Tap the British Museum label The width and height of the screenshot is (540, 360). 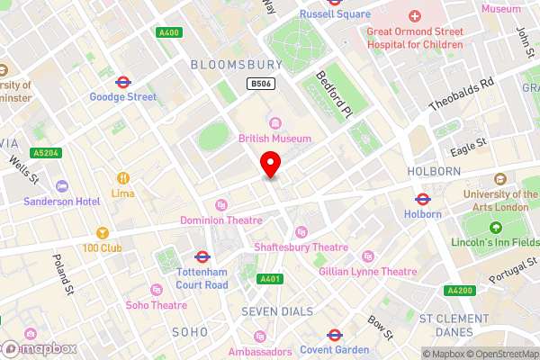(x=274, y=138)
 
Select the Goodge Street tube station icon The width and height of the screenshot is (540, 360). (x=123, y=81)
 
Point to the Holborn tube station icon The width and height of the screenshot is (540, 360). (x=421, y=199)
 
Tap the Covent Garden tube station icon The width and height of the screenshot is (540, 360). (x=332, y=335)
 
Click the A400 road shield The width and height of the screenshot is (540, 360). (x=168, y=32)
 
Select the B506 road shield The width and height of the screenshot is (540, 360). (x=260, y=83)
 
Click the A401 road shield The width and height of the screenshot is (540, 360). (x=268, y=280)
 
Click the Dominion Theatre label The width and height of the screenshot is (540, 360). (x=220, y=220)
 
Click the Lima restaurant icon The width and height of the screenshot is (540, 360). (x=123, y=178)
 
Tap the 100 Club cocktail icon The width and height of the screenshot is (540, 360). (x=102, y=233)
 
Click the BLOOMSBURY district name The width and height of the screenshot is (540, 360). (x=236, y=64)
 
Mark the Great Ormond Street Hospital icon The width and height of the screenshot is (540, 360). (x=415, y=17)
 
